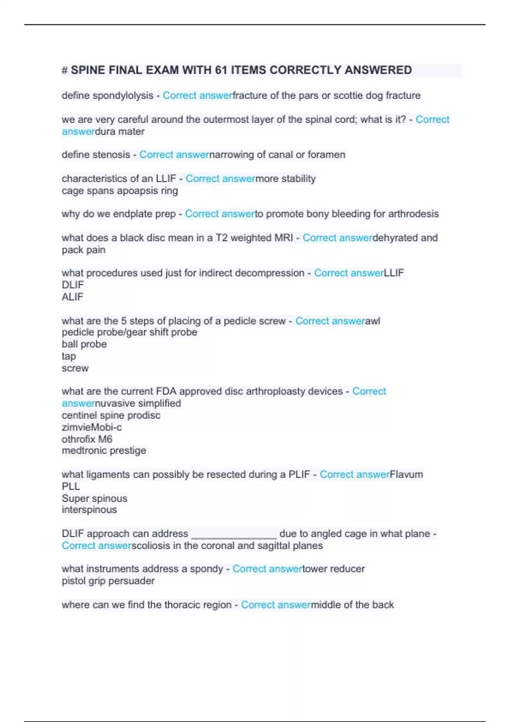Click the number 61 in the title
[x=221, y=70]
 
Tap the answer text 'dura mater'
[x=119, y=132]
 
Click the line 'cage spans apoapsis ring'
[x=119, y=191]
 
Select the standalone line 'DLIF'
[x=73, y=285]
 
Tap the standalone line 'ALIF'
[x=72, y=297]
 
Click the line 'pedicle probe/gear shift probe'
[x=129, y=332]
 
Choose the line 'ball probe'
[x=84, y=344]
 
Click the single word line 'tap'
[x=68, y=356]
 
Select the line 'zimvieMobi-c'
[x=91, y=427]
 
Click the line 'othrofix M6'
[x=87, y=439]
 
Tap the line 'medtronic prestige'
[x=104, y=451]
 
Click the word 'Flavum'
[x=406, y=474]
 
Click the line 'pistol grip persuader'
[x=108, y=581]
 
